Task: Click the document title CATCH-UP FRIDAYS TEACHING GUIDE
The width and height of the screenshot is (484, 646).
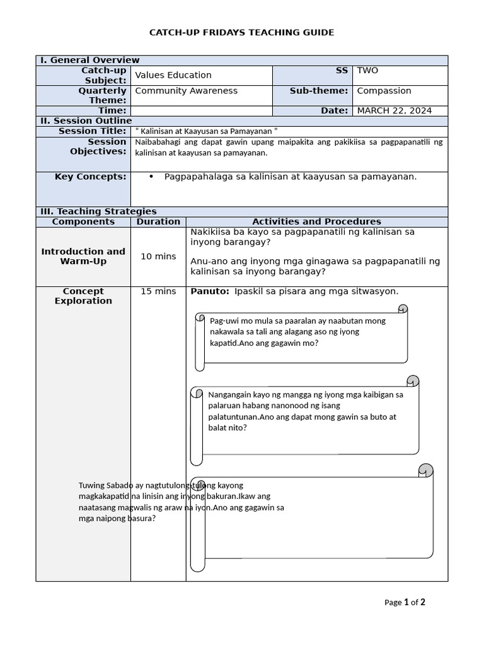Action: coord(241,32)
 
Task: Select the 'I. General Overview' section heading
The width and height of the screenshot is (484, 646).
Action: coord(85,60)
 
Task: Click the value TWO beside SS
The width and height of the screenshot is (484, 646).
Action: coord(367,71)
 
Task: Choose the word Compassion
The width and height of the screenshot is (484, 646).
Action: coord(384,91)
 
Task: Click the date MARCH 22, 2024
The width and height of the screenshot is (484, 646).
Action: coord(394,110)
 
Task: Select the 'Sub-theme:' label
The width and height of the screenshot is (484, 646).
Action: coord(319,91)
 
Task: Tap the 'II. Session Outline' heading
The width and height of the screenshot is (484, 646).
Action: coord(86,120)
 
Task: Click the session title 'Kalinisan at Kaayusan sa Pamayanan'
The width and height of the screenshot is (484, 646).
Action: coord(207,131)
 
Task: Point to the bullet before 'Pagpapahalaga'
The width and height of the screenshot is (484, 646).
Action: coord(151,177)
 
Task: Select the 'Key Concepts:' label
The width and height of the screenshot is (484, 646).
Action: coord(90,177)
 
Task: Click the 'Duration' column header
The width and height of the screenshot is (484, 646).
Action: coord(158,221)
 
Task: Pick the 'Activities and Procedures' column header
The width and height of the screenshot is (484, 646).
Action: coord(316,221)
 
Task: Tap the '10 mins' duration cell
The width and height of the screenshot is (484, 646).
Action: coord(158,256)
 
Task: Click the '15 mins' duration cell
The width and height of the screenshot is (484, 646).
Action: coord(158,291)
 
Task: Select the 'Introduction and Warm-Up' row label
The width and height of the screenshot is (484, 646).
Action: coord(83,256)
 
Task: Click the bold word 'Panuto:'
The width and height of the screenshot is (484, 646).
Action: coord(209,291)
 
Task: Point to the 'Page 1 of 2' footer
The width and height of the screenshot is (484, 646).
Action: coord(405,602)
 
